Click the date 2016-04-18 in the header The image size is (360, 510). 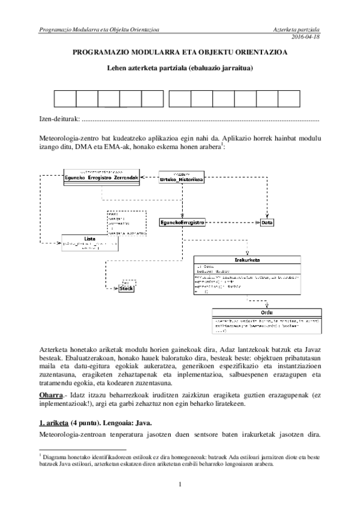[307, 37]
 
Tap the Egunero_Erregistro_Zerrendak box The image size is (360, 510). [101, 179]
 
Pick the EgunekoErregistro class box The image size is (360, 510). [183, 222]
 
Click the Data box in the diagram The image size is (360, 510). [267, 223]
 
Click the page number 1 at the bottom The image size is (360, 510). [179, 485]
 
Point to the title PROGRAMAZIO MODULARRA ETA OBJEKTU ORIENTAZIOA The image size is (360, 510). [179, 52]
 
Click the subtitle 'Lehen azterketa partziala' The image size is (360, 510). [179, 69]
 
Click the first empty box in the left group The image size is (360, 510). [64, 100]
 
